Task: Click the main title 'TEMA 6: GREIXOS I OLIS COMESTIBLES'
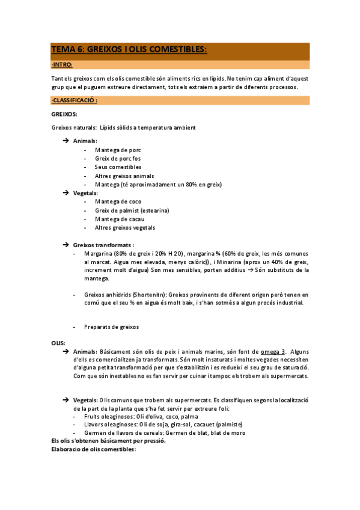coord(129,50)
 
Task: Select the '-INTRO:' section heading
coord(62,64)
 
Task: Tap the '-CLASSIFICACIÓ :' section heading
coord(75,100)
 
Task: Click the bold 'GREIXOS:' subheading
coord(64,114)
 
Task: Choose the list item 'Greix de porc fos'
coord(121,158)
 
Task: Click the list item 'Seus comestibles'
coord(118,167)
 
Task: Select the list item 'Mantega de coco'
coord(118,201)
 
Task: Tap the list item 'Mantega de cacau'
coord(120,219)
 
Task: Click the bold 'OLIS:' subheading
coord(58,343)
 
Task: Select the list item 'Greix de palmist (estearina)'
coord(132,210)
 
